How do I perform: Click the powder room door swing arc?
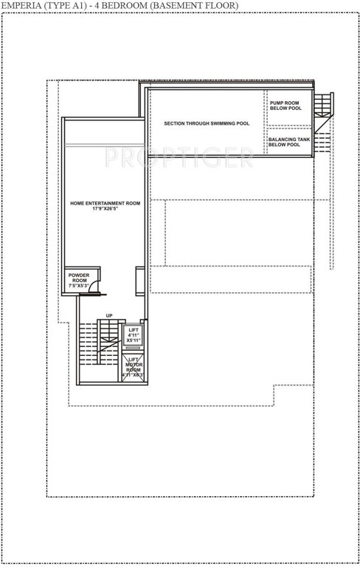(93, 289)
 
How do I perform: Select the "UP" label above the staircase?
(109, 315)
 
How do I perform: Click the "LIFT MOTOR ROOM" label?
(134, 365)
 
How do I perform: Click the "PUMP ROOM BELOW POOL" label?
(285, 106)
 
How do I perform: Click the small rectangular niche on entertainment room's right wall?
(139, 281)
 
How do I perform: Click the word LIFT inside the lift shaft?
(134, 329)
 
